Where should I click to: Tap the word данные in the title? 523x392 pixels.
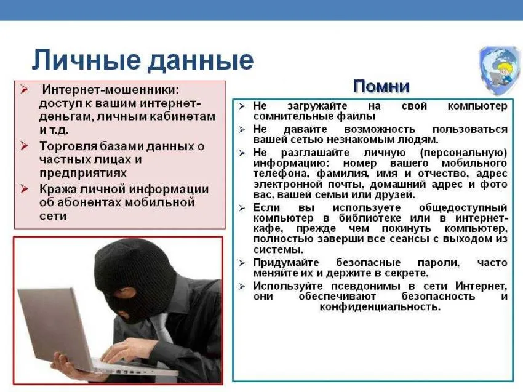197,61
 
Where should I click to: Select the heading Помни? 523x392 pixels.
381,86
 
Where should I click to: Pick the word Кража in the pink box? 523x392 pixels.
57,189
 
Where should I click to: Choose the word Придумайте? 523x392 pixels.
286,263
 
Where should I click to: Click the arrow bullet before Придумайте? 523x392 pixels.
242,263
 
